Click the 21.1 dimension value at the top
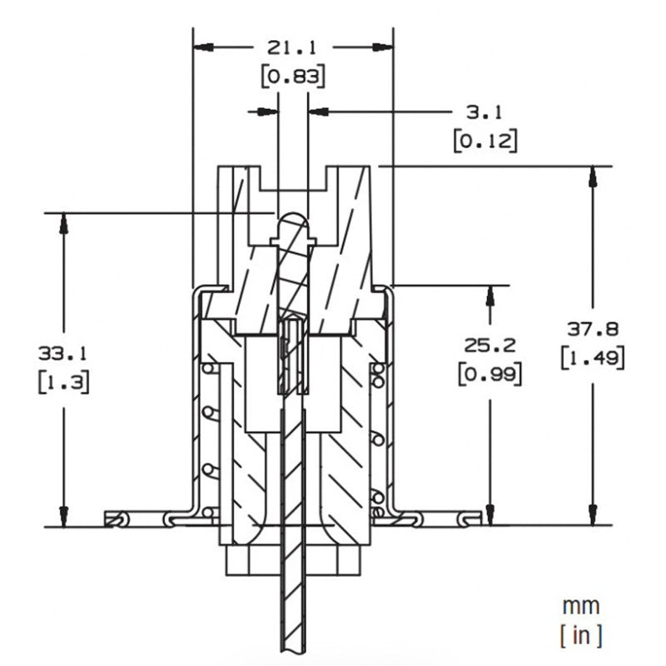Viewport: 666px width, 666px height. coord(292,47)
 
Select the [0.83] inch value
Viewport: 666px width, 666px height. coord(292,77)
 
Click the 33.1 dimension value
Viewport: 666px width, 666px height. coord(62,352)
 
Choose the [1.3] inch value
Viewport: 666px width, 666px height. coord(62,381)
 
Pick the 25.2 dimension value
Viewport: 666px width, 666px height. coord(490,345)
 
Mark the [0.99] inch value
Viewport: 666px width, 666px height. coord(490,374)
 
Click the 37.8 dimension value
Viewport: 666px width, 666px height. coord(593,327)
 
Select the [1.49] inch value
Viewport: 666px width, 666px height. coord(593,357)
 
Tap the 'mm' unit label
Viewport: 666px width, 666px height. coord(580,605)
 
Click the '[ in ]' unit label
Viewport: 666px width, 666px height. coord(580,635)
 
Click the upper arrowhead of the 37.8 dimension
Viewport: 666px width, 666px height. coord(593,175)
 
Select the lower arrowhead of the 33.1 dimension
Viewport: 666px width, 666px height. coord(62,518)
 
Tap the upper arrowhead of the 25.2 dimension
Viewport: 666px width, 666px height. coord(490,294)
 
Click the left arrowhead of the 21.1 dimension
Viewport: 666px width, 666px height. coord(201,47)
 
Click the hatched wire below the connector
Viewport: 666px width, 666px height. coord(292,599)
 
